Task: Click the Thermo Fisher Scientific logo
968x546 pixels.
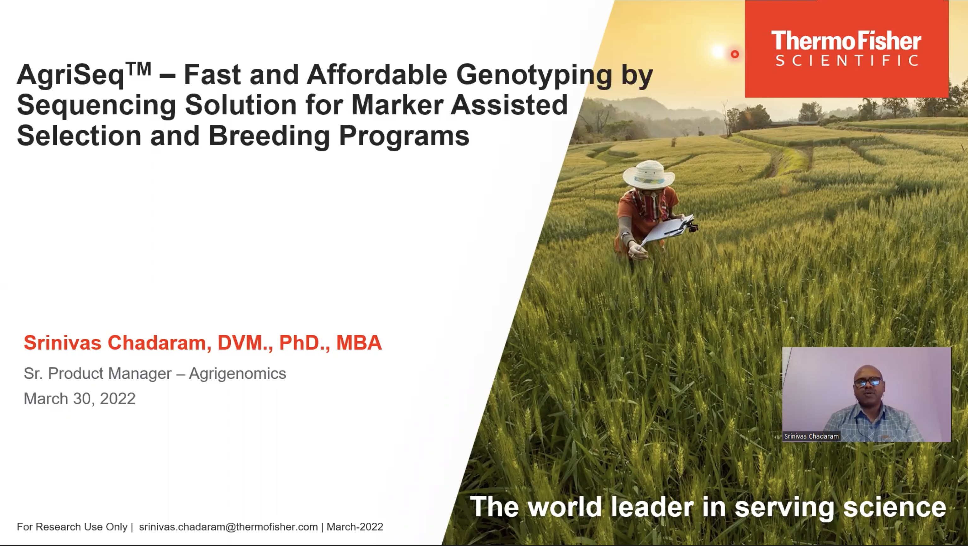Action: pos(846,49)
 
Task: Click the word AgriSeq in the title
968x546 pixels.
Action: pos(70,75)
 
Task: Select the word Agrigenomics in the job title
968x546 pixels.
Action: pos(237,374)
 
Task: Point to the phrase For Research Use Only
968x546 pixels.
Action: pos(72,527)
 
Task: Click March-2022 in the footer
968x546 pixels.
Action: pos(355,527)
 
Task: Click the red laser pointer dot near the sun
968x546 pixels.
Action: pos(735,54)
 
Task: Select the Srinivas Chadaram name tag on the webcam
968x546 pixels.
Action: pos(811,436)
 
